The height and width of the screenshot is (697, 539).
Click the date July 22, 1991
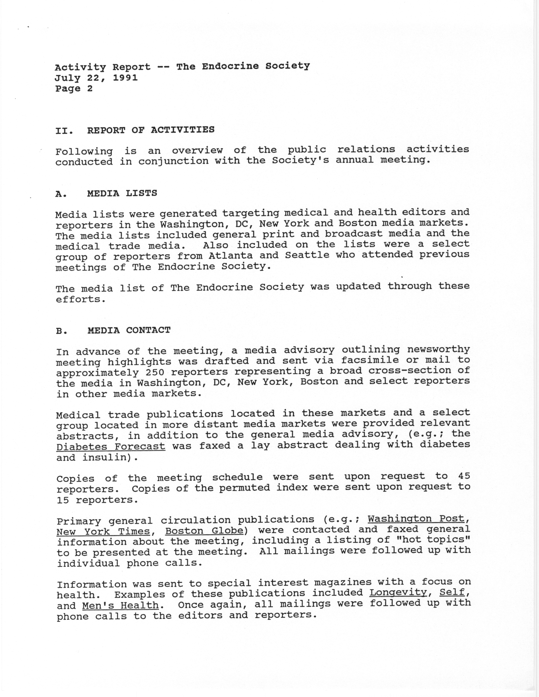[x=96, y=78]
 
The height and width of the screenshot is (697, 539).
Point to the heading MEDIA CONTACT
[x=129, y=330]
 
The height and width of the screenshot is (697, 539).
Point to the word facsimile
[x=367, y=360]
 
